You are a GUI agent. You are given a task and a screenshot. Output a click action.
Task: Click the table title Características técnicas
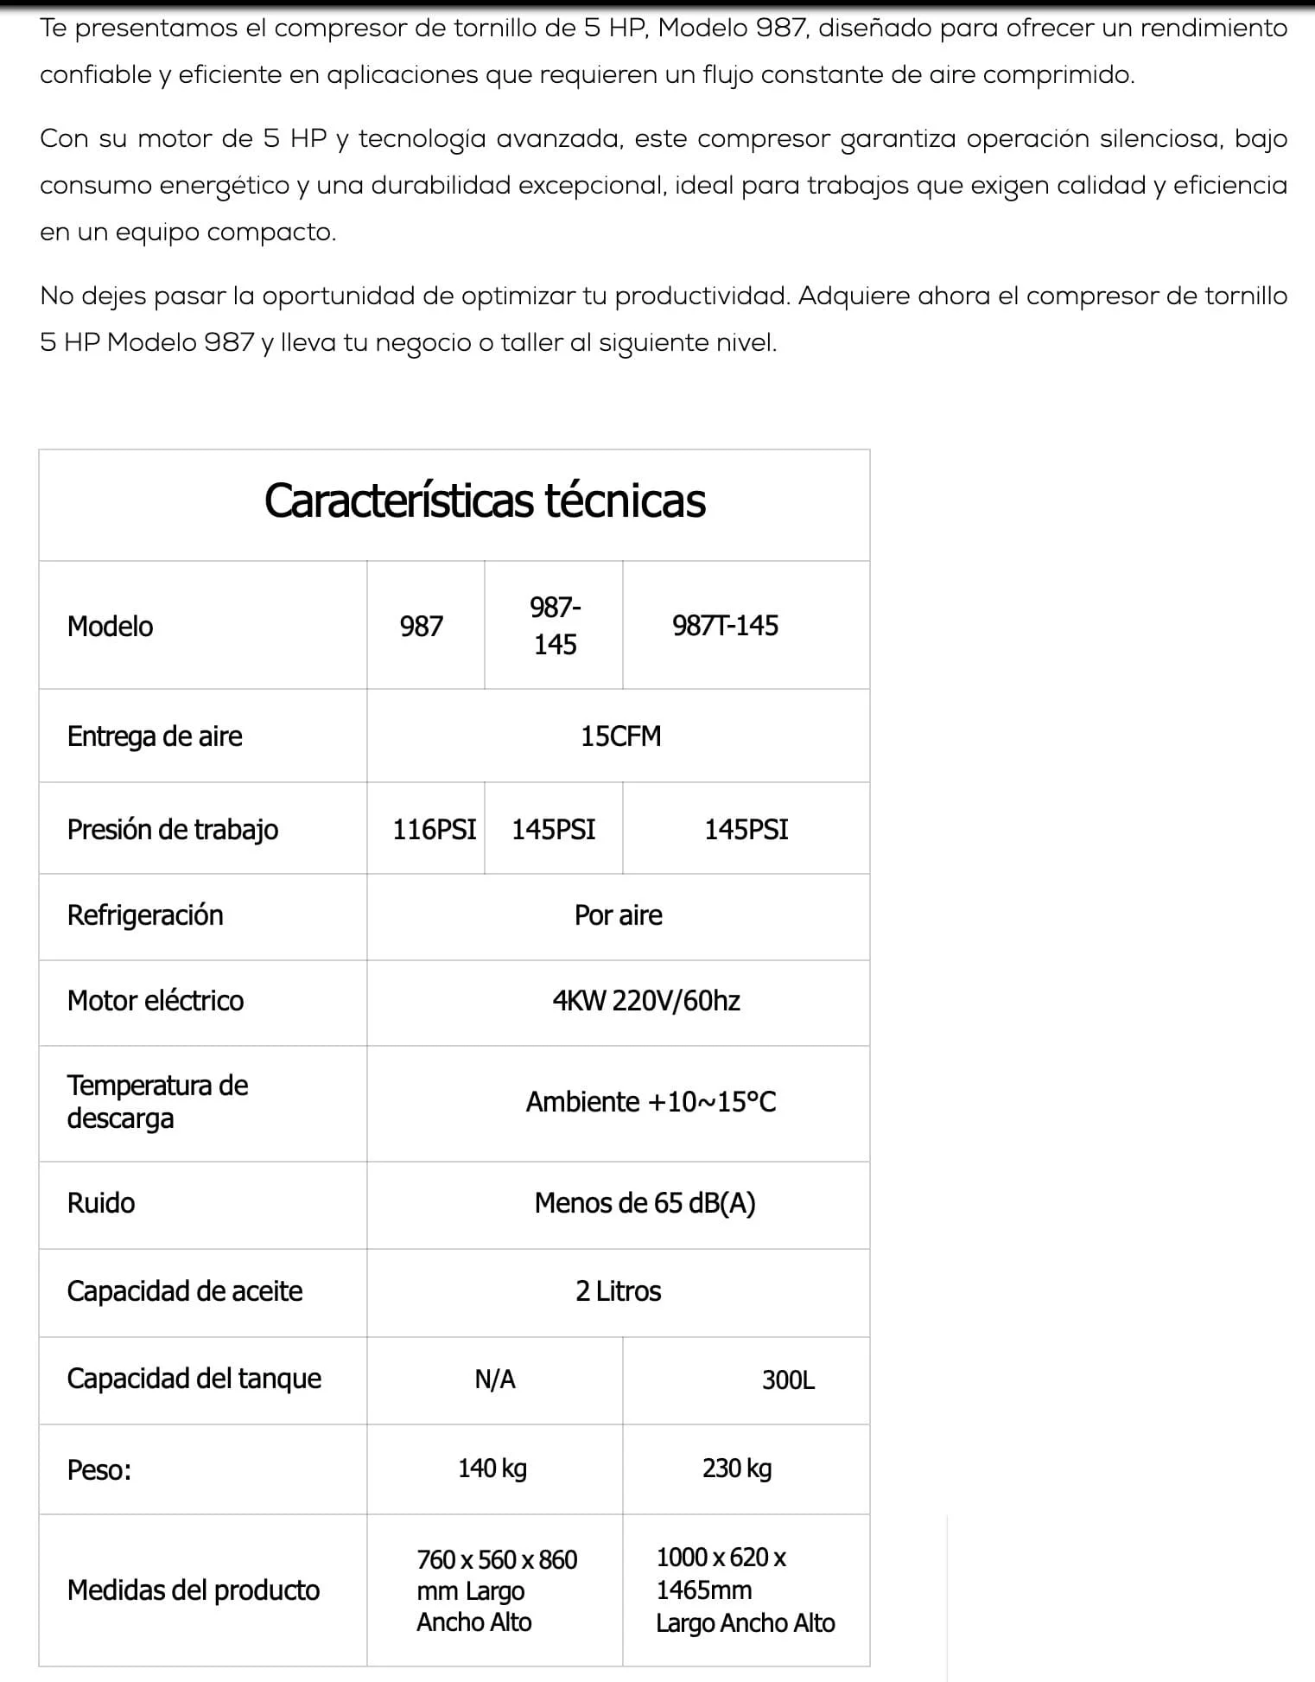coord(485,501)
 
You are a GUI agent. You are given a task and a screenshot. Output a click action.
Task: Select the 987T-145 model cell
coord(725,626)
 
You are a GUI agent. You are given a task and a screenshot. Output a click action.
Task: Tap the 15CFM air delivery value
coord(620,736)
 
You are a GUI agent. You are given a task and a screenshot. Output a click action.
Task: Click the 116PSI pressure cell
coord(434,830)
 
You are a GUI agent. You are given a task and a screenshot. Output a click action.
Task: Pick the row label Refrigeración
coord(145,915)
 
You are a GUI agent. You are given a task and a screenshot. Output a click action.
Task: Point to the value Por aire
coord(618,915)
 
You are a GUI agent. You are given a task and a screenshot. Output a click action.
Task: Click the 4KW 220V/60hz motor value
coord(646,1001)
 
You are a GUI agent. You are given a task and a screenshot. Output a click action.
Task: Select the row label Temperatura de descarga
coord(157,1102)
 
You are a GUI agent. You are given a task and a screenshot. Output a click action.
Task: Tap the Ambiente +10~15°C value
coord(651,1102)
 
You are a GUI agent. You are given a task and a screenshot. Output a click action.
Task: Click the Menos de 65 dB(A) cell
coord(645,1203)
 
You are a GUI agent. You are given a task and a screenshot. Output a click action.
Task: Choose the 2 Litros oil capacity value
coord(618,1291)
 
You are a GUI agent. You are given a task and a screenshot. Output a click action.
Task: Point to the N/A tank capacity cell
coord(495,1379)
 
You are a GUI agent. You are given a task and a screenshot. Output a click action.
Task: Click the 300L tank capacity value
coord(788,1380)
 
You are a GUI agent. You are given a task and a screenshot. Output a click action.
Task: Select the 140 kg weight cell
coord(492,1469)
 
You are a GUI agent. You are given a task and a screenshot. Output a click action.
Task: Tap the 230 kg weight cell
coord(737,1469)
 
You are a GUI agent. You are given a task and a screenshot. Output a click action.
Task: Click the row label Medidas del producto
coord(194,1590)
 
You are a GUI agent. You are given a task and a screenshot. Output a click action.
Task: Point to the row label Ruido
coord(101,1203)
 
